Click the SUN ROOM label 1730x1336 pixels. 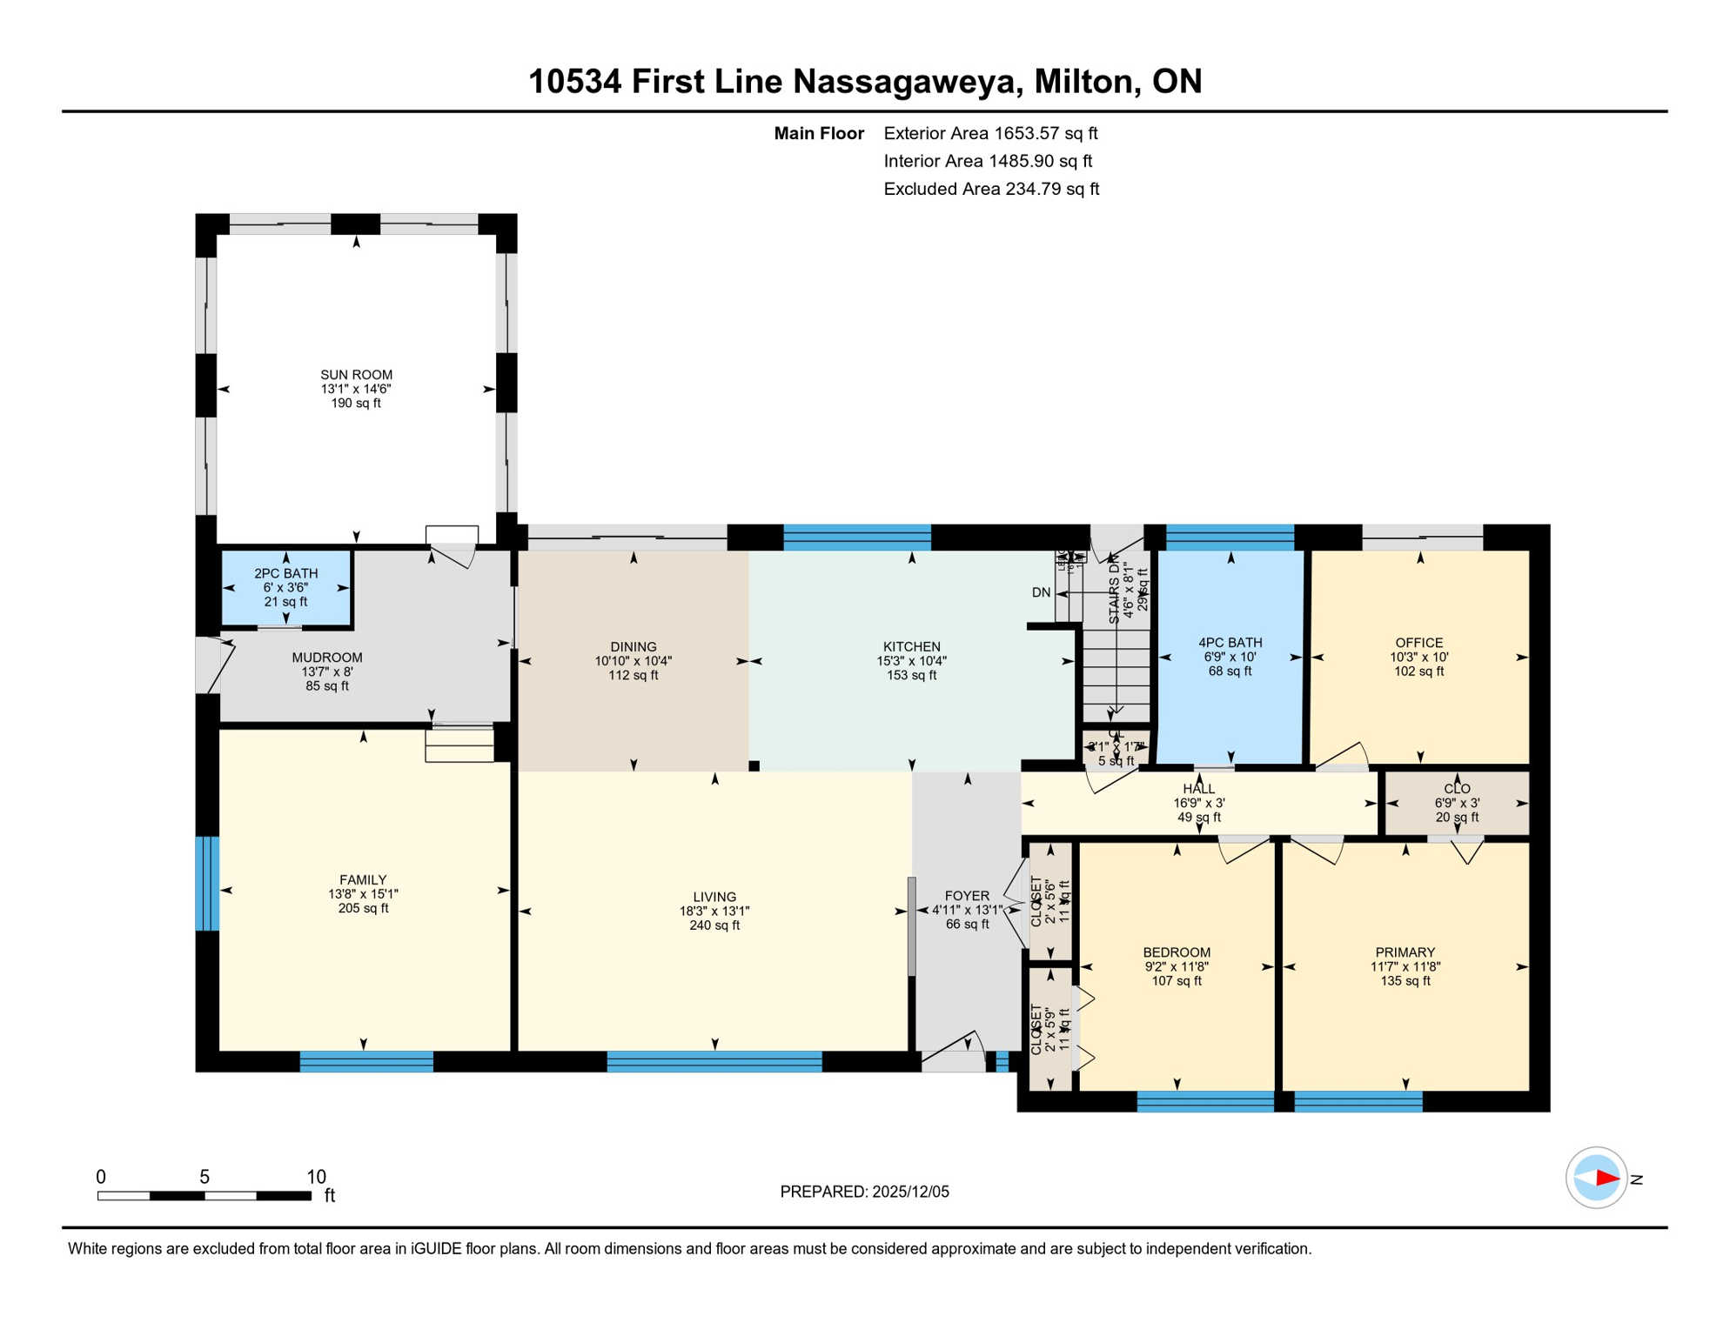356,375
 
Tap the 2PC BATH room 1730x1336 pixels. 285,587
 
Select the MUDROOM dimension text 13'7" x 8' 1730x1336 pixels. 326,671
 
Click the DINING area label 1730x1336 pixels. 633,646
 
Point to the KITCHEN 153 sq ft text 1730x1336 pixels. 911,675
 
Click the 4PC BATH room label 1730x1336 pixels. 1230,643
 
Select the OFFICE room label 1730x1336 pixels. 1418,643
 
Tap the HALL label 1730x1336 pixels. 1198,789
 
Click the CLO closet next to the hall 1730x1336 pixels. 1457,802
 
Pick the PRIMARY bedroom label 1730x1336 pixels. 1405,952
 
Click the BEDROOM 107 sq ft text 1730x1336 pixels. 1177,980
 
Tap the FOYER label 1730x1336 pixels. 967,896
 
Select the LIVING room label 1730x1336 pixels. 714,897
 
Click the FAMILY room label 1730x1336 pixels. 363,880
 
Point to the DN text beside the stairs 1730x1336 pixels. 1041,592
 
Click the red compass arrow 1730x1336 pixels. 1607,1179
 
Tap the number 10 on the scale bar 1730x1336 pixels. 316,1177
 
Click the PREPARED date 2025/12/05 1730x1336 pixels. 909,1192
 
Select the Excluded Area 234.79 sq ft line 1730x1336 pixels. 991,189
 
